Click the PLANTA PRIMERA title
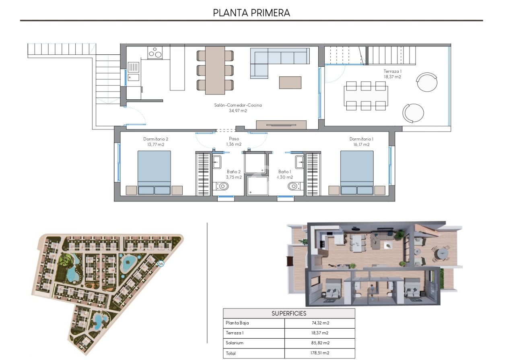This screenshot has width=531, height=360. point(251,12)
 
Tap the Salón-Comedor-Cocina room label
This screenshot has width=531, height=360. point(238,108)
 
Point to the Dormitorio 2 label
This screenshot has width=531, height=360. point(156,142)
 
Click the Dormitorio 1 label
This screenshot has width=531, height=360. point(361,142)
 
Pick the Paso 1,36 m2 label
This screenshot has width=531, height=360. point(234,142)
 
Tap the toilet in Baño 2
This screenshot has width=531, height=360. point(222,186)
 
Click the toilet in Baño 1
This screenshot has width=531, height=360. point(293,186)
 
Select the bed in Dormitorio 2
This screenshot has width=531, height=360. point(154,172)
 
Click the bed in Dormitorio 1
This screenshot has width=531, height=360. point(357,172)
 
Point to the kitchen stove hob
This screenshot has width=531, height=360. point(155,53)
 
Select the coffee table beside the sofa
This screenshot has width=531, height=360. point(290,82)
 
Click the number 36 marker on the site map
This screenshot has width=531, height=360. point(161,264)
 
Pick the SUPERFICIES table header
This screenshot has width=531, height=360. point(289,313)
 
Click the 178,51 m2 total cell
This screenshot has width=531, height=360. point(319,353)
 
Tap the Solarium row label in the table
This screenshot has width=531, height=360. point(235,343)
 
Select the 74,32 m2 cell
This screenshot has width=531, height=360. point(319,323)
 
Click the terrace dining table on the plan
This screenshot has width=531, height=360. point(366,95)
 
